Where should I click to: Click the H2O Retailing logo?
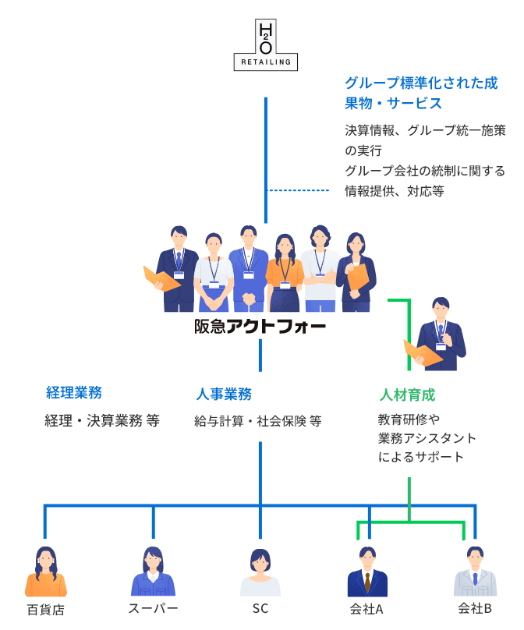point(266,47)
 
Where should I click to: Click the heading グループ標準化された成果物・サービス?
point(421,93)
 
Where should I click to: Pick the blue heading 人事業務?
point(223,394)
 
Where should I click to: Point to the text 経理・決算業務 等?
point(102,421)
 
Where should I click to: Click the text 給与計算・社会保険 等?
point(257,421)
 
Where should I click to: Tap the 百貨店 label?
point(46,608)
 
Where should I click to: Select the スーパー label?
point(153,608)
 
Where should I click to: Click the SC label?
point(260,608)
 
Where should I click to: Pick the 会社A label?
point(366,608)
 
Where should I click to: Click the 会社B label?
point(474,608)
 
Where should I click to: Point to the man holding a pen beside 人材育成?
point(441,331)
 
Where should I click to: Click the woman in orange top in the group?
point(284,265)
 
